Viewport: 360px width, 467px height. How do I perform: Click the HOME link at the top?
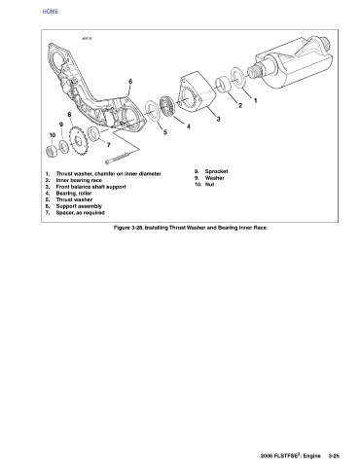51,11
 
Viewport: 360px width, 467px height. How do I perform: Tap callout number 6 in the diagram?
130,82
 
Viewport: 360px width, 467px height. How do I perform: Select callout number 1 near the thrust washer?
255,101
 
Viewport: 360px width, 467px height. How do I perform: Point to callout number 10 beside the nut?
53,135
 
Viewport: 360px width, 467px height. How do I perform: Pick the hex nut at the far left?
52,152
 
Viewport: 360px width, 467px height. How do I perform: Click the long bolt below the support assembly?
119,158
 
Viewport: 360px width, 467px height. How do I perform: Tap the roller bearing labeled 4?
167,106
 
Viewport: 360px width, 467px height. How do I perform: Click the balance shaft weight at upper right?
294,64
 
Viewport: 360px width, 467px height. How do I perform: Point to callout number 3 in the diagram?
218,119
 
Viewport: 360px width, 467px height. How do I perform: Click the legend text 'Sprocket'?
216,171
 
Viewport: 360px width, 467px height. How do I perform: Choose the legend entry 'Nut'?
209,184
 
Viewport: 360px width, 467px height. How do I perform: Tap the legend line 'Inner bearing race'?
79,180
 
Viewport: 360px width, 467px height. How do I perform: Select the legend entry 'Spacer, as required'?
80,213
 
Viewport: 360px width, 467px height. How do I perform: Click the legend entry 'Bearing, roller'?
74,194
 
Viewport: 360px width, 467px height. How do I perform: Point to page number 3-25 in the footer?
334,455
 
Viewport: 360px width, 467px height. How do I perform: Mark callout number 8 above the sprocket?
69,114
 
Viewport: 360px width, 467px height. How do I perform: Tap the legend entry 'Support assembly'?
79,206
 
